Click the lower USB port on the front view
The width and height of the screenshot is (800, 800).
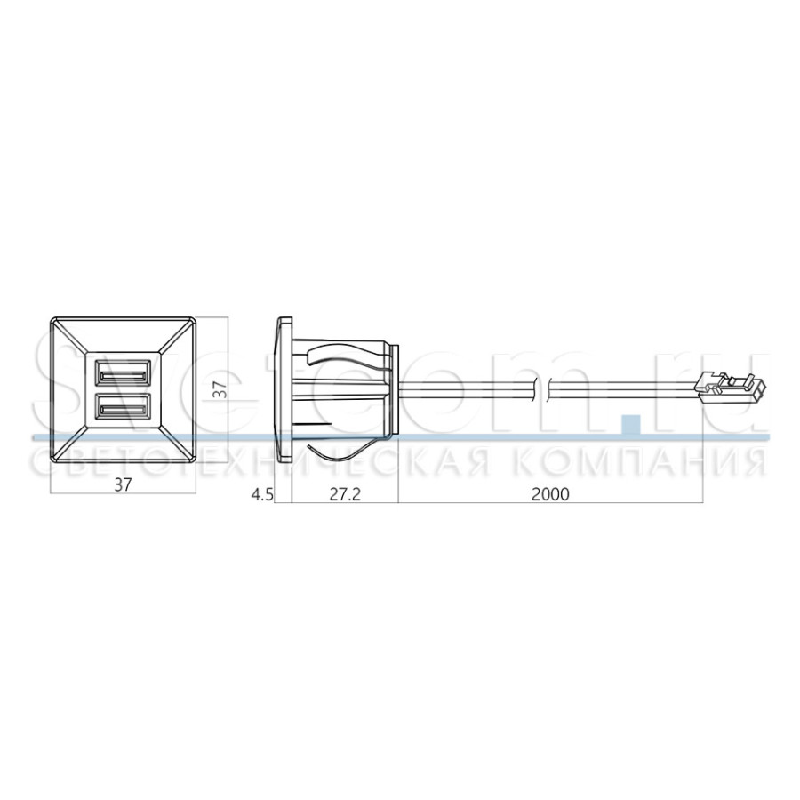pyautogui.click(x=123, y=408)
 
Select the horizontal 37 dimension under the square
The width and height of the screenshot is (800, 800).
pyautogui.click(x=123, y=484)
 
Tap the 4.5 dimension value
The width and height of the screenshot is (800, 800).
pyautogui.click(x=263, y=494)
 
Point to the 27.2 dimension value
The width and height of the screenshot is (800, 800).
pyautogui.click(x=344, y=494)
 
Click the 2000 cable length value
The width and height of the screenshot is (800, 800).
pyautogui.click(x=550, y=494)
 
